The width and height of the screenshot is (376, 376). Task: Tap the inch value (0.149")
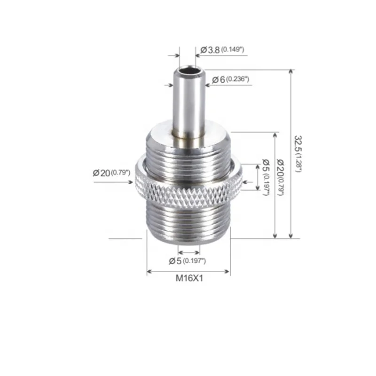(x=233, y=49)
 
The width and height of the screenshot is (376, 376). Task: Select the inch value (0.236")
(x=236, y=80)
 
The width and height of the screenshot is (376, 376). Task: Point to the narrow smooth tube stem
(x=188, y=103)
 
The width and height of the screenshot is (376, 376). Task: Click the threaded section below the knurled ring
(x=188, y=223)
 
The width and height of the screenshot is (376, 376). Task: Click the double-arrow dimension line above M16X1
(x=188, y=271)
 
